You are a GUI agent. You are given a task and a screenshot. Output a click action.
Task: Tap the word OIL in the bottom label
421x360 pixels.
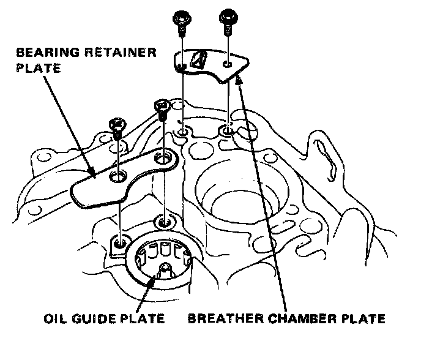point(56,319)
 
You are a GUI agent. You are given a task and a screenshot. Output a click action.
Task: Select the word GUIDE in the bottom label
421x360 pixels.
point(92,319)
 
